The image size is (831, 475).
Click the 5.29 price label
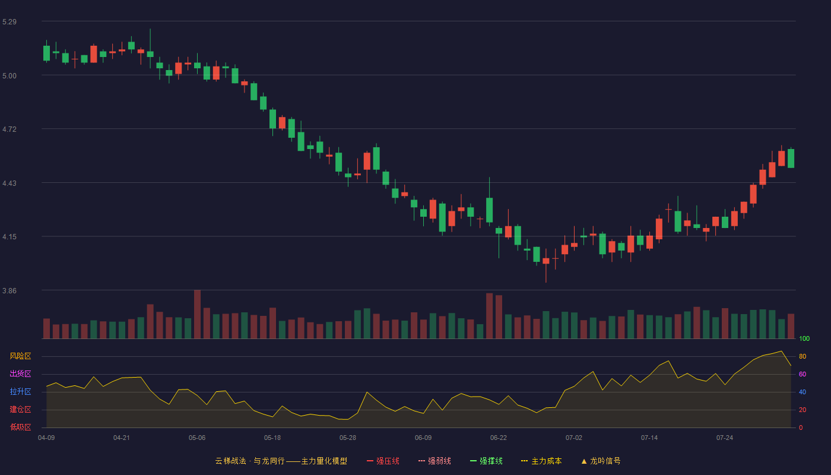(9, 22)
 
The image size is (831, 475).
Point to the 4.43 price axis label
(9, 183)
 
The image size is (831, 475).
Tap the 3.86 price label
(9, 291)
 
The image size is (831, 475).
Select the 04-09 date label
(46, 438)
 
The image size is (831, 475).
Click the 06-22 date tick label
(498, 438)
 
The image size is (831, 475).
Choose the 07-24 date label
(725, 438)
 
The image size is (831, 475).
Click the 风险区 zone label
(20, 356)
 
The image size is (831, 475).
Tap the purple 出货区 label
(20, 373)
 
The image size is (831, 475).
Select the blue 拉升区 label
(20, 391)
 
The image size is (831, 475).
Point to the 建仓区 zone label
(20, 409)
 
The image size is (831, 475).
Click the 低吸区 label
(20, 427)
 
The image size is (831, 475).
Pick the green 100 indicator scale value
(804, 338)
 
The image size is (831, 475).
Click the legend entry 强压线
(383, 461)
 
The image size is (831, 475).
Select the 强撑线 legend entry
(486, 461)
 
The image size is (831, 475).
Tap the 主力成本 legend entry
(541, 461)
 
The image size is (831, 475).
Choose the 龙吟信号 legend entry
(601, 461)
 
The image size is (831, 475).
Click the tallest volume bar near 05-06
(197, 314)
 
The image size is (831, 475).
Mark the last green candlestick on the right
(791, 159)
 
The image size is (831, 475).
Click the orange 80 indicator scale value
(803, 356)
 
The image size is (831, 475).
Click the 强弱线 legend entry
(434, 461)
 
